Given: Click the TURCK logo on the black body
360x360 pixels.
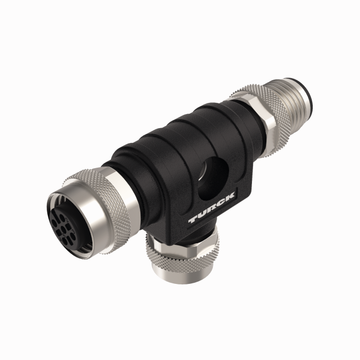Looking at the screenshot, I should click(x=211, y=208).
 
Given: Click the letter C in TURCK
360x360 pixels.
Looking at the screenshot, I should click(x=221, y=202).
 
